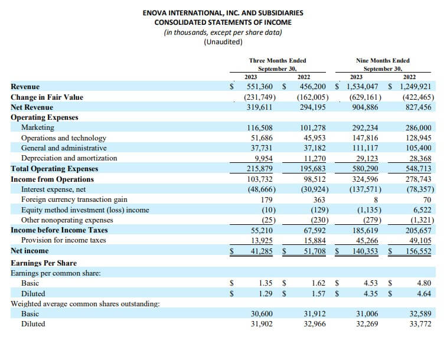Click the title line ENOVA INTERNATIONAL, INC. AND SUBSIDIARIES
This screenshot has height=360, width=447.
tap(223, 13)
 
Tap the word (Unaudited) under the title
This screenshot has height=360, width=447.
tap(223, 42)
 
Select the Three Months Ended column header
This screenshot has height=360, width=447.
tap(278, 60)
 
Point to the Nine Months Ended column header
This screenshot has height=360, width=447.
tap(383, 60)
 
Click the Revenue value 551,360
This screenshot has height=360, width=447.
tap(260, 86)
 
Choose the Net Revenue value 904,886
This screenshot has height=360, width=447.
tap(365, 107)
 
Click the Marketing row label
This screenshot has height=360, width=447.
tap(38, 127)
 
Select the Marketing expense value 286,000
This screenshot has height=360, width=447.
tap(419, 127)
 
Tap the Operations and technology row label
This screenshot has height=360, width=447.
tap(64, 138)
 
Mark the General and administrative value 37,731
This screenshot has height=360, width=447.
tap(262, 148)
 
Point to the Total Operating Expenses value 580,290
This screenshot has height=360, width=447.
tap(365, 169)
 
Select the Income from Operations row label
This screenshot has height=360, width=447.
tap(52, 179)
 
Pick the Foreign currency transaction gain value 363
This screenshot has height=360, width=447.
tap(319, 199)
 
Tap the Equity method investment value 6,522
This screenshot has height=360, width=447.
tap(422, 210)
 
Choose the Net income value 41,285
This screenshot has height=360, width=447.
tap(262, 251)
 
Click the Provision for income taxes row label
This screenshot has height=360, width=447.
tap(64, 240)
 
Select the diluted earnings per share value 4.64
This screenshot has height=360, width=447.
tap(424, 293)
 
